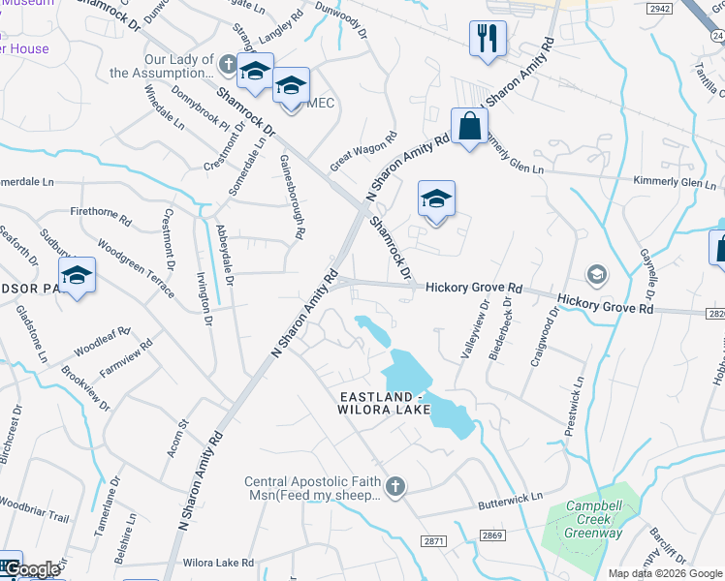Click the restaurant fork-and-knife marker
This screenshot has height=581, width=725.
click(x=487, y=40)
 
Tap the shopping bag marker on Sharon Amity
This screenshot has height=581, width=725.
click(x=469, y=126)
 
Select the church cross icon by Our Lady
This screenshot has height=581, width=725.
click(x=228, y=65)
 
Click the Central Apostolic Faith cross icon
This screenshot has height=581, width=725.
click(x=394, y=486)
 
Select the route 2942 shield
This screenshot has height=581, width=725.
click(x=660, y=8)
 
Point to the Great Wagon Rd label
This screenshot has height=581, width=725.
click(x=363, y=151)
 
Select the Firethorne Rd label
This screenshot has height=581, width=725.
click(x=100, y=211)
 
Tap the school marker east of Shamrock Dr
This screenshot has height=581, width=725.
click(x=436, y=199)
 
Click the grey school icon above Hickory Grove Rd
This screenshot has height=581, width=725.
click(x=595, y=274)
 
